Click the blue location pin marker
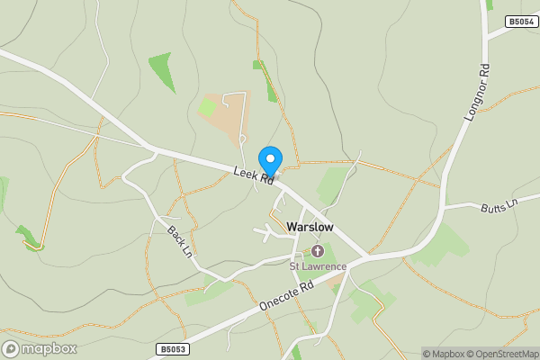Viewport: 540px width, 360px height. [270, 162]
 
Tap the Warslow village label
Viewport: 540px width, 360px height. [310, 227]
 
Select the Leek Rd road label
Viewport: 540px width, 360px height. [253, 177]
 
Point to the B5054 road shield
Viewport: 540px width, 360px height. [520, 21]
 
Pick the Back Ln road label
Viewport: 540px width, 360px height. [180, 241]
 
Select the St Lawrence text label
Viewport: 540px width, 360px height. [318, 266]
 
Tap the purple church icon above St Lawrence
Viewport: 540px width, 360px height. [318, 250]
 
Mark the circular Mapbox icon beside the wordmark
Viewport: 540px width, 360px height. [11, 348]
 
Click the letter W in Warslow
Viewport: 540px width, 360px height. [292, 227]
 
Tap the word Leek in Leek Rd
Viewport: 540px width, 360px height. [246, 174]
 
